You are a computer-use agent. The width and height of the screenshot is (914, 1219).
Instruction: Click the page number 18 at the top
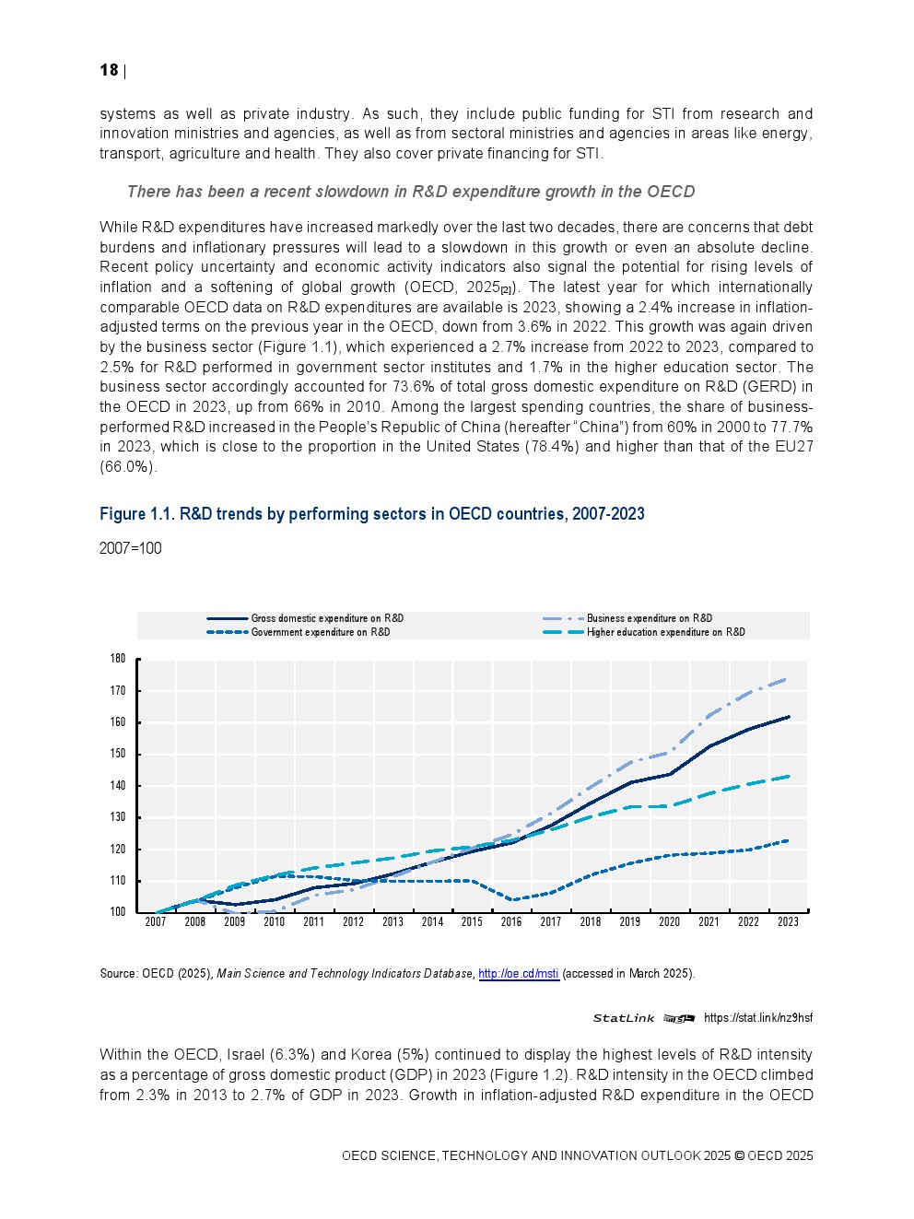(x=109, y=71)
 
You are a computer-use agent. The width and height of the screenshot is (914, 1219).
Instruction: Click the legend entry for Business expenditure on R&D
(x=649, y=618)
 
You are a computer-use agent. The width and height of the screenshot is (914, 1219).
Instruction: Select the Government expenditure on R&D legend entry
(x=320, y=632)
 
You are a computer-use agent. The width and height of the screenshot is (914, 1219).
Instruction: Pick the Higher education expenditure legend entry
(x=665, y=632)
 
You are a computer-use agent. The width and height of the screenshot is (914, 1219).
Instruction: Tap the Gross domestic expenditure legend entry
(x=327, y=618)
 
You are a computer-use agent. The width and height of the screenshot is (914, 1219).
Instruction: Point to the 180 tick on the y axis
(x=118, y=659)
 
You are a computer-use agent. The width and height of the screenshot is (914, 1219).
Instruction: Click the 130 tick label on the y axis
(x=118, y=817)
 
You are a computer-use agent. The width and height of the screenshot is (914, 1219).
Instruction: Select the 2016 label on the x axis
(x=511, y=922)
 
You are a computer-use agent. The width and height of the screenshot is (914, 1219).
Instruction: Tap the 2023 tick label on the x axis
(x=788, y=922)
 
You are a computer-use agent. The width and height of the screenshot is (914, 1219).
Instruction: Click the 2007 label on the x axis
(x=156, y=922)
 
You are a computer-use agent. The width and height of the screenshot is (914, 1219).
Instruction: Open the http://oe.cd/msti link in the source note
(x=519, y=974)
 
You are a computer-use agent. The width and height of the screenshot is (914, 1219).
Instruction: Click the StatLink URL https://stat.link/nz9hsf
(x=757, y=1018)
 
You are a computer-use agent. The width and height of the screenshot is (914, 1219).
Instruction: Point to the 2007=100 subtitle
(x=130, y=549)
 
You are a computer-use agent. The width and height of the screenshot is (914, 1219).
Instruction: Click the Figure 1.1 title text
(x=371, y=514)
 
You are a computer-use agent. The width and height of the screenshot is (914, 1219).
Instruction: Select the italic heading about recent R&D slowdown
(x=410, y=192)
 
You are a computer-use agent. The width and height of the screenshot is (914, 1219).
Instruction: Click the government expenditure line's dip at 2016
(x=511, y=899)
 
